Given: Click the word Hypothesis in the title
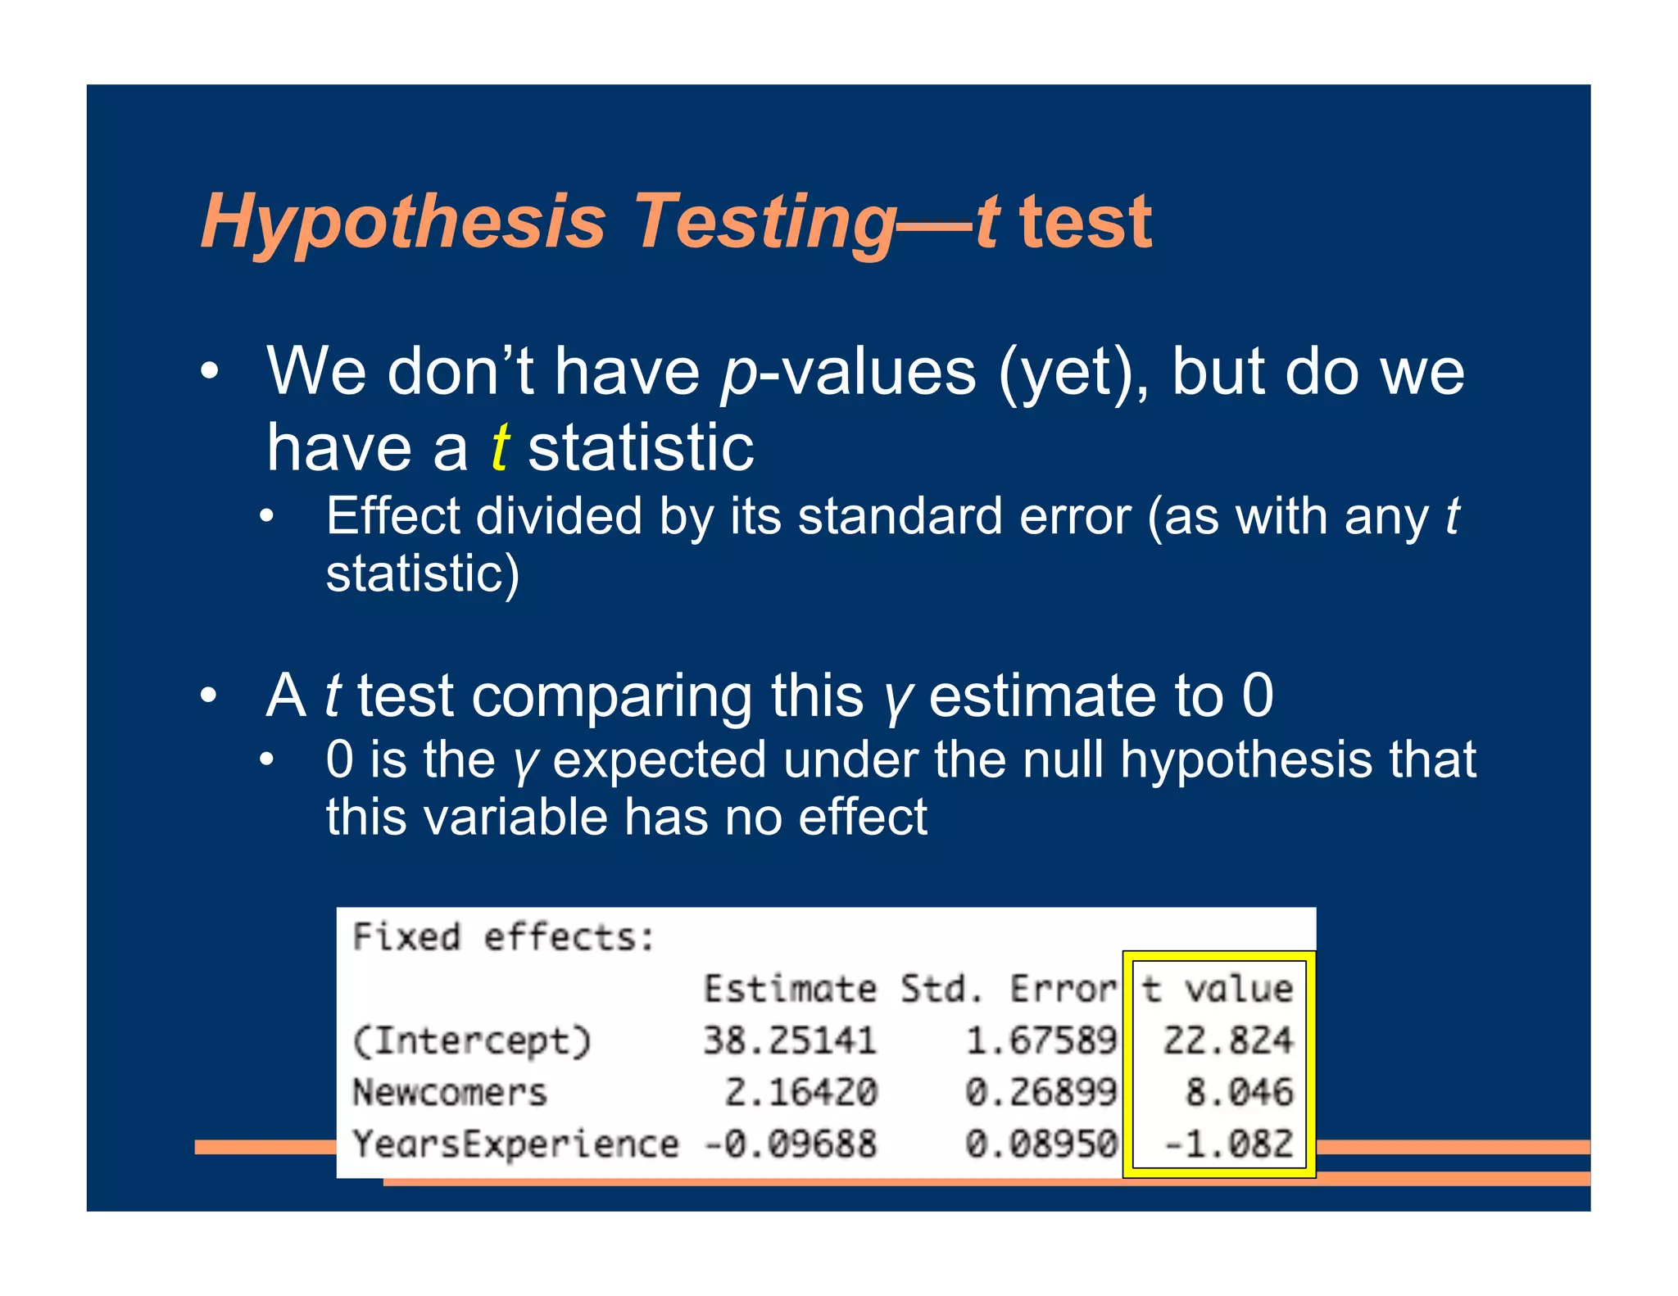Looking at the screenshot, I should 403,223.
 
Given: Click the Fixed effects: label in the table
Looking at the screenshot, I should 503,937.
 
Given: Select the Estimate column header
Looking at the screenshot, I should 790,989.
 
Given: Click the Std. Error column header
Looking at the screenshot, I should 1009,989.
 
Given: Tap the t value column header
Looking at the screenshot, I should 1218,989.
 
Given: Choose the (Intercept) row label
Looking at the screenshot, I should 471,1041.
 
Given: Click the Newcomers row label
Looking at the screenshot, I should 450,1093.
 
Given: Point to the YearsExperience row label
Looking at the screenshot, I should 515,1144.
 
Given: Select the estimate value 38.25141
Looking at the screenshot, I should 790,1040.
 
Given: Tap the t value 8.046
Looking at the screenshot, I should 1239,1092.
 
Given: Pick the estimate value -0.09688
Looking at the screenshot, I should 790,1144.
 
